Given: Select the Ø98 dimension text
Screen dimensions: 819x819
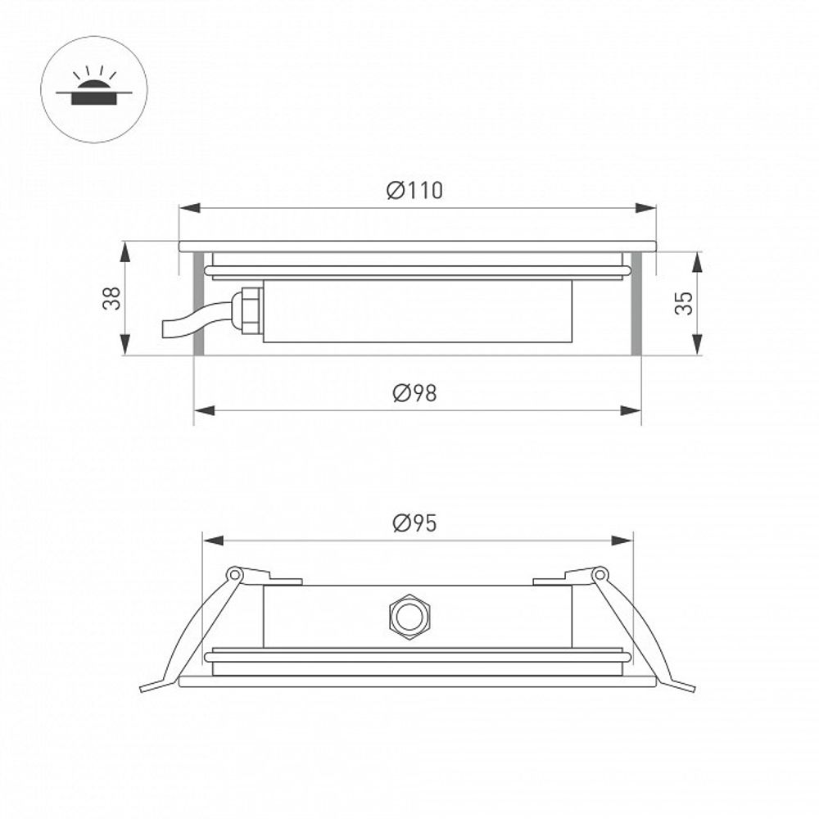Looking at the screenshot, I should pos(414,394).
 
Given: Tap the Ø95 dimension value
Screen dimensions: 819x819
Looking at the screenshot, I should pos(414,524).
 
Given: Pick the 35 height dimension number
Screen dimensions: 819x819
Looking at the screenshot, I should pos(684,303).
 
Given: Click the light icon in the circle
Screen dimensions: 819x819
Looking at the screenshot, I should pos(93,91).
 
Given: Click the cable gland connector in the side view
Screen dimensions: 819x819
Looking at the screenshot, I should pos(247,309).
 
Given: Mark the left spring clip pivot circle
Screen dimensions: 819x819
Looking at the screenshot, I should pos(234,574).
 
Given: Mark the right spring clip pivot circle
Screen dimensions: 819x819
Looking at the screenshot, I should pos(600,574).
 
